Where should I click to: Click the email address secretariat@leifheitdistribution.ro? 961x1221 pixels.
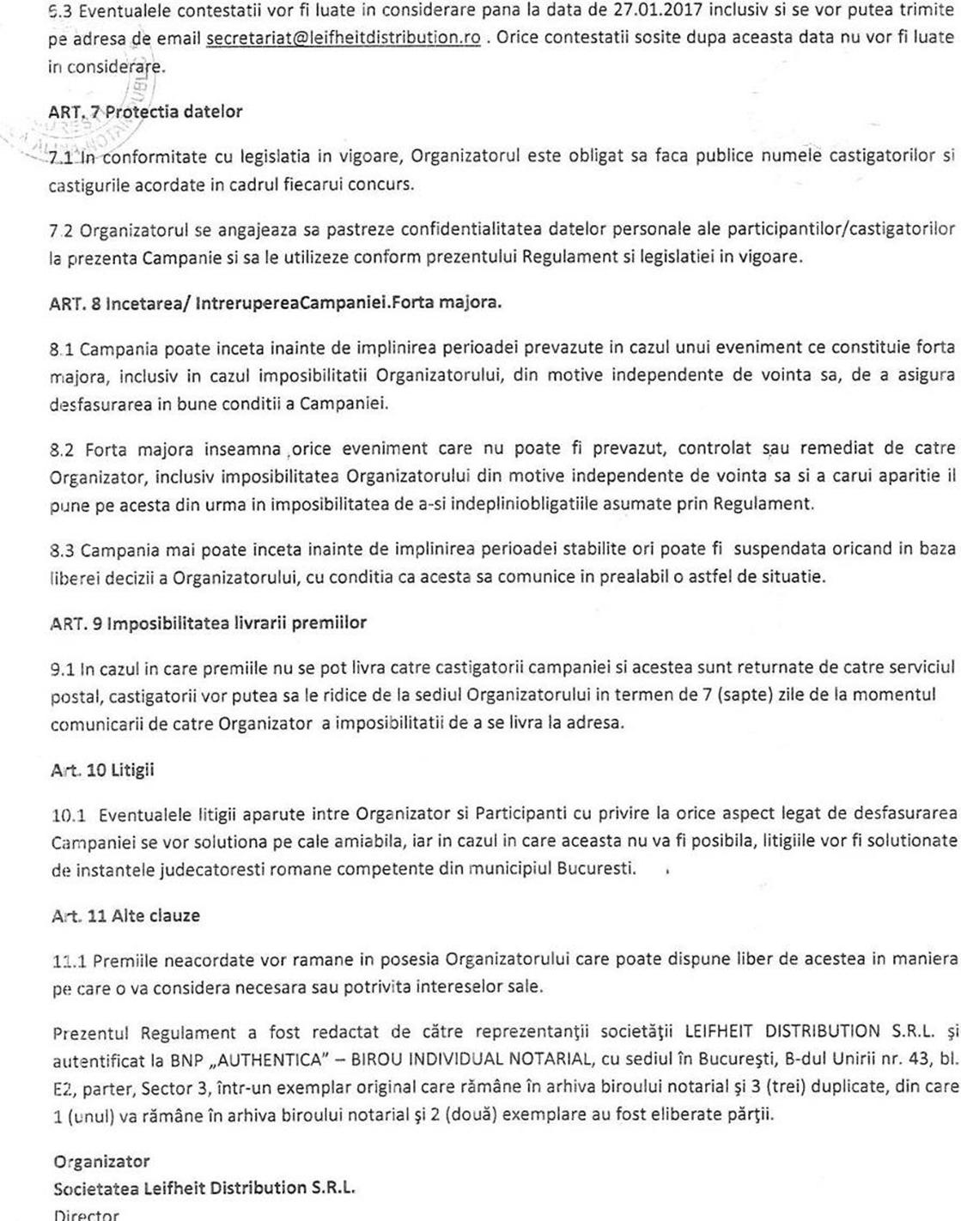pyautogui.click(x=344, y=39)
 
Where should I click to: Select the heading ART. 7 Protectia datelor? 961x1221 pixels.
pyautogui.click(x=145, y=112)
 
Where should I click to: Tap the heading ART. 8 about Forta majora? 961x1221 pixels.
pyautogui.click(x=276, y=302)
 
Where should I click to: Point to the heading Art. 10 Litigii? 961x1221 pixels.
pyautogui.click(x=102, y=769)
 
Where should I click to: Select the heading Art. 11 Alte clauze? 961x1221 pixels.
pyautogui.click(x=125, y=915)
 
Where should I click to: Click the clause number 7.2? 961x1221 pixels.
pyautogui.click(x=62, y=229)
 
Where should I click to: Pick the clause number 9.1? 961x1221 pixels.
pyautogui.click(x=63, y=667)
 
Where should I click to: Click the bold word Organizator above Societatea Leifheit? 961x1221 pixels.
pyautogui.click(x=101, y=1162)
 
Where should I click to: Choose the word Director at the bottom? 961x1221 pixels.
pyautogui.click(x=86, y=1214)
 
